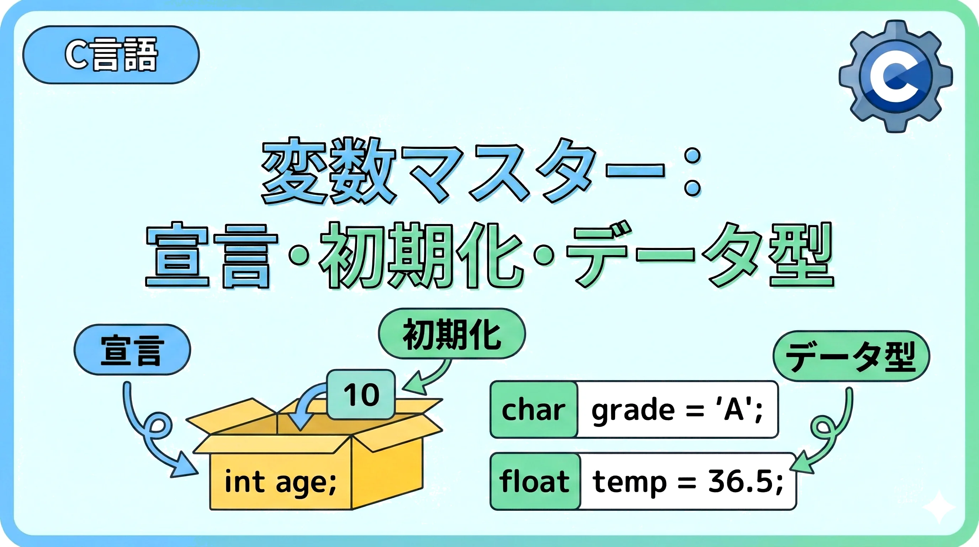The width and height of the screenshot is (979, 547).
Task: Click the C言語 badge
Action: coord(111,55)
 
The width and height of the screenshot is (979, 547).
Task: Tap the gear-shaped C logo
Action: coord(896,77)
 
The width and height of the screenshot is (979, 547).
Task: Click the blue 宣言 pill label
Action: coord(132,350)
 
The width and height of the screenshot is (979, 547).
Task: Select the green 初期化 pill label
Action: coord(452,334)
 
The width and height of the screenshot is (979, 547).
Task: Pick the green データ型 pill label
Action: coord(851,356)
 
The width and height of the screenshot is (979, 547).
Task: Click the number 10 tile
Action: coord(361,394)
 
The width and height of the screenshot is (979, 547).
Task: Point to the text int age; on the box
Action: coord(280,482)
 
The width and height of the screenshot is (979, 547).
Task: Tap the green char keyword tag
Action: coord(534,410)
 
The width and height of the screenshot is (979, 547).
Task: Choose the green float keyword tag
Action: coord(535,481)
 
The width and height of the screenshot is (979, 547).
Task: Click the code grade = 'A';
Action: coord(677,410)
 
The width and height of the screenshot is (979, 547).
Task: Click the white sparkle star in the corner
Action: coord(938,507)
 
